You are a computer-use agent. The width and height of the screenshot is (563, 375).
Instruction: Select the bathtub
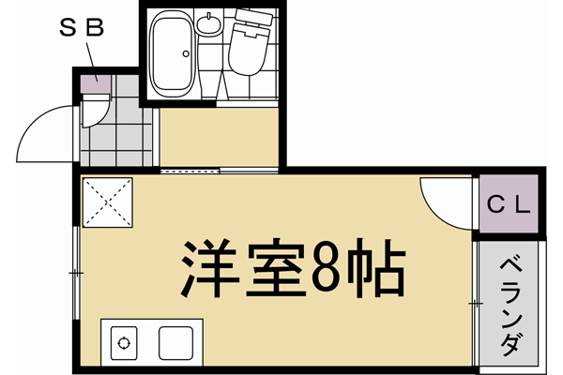click(x=173, y=55)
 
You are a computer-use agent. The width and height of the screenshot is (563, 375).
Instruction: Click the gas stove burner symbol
click(x=125, y=341)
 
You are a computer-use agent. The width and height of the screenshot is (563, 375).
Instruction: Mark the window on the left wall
click(x=74, y=272)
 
